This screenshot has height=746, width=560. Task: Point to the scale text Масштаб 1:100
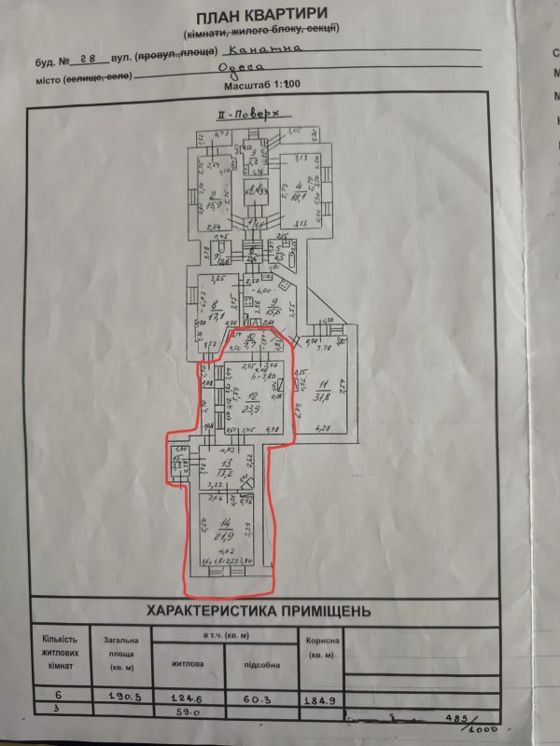pyautogui.click(x=265, y=87)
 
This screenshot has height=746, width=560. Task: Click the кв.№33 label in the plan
pyautogui.click(x=249, y=191)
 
